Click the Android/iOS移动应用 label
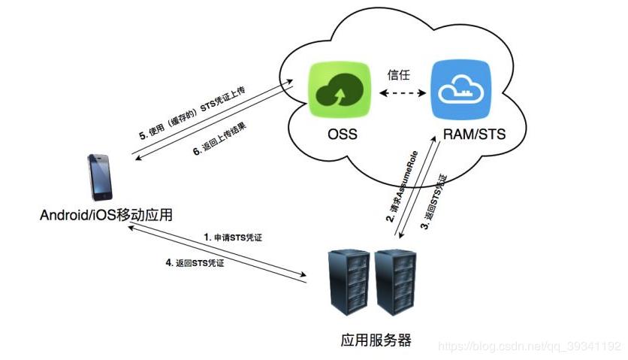point(107,216)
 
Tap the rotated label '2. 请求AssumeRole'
point(399,192)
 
